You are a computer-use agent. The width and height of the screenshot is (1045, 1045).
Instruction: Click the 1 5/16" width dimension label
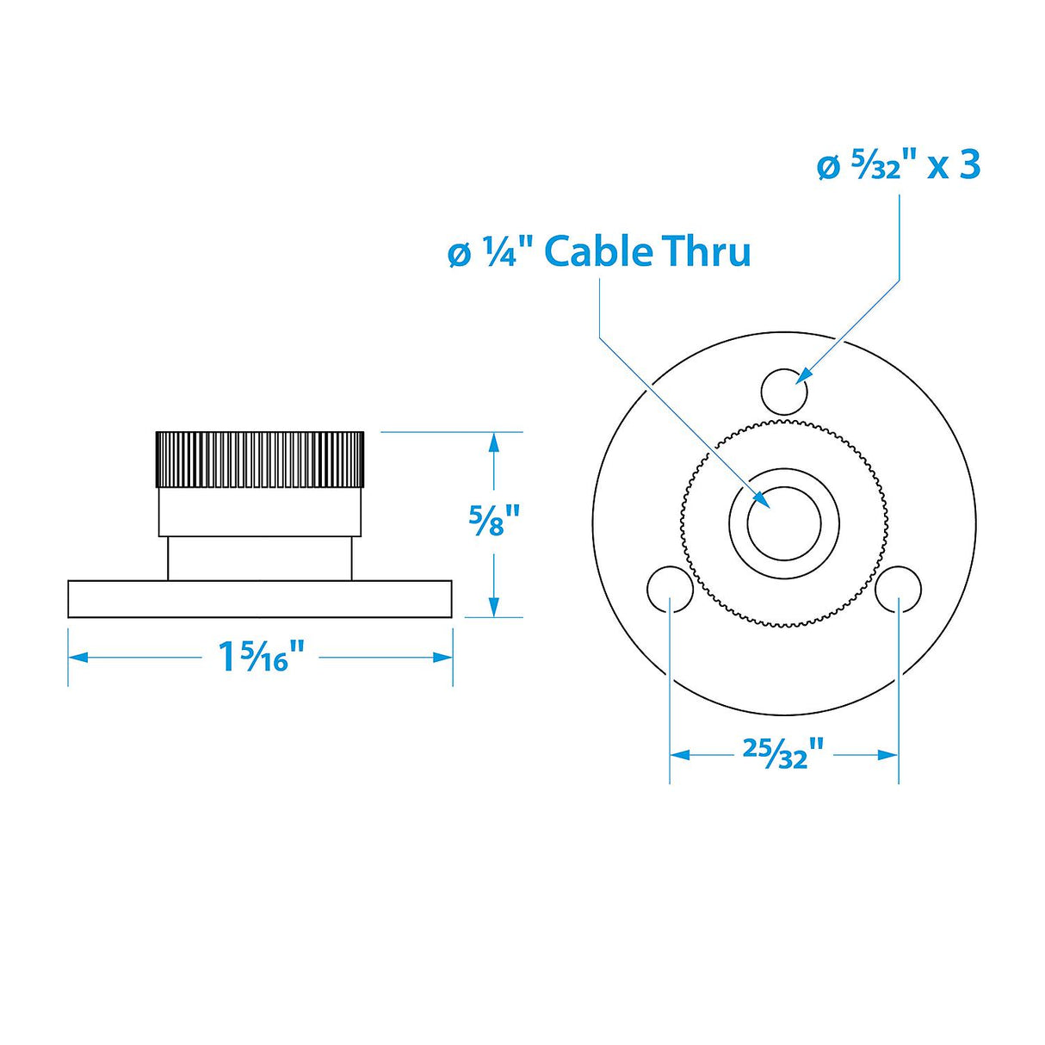coord(262,658)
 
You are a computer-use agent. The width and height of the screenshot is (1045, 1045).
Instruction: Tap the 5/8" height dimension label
coord(494,521)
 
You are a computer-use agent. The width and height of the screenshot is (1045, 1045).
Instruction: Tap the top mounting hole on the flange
coord(784,391)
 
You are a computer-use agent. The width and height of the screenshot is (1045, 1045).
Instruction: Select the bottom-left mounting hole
coord(670,589)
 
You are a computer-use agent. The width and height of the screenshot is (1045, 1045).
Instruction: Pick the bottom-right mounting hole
coord(899,589)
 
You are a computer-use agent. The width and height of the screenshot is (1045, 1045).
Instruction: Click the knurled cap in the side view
coord(259,459)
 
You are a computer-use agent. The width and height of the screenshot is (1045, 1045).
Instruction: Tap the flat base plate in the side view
coord(260,599)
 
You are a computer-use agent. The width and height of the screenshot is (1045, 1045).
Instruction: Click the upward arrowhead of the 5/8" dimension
coord(493,442)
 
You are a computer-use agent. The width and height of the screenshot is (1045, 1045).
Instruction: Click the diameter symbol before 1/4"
coord(461,254)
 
